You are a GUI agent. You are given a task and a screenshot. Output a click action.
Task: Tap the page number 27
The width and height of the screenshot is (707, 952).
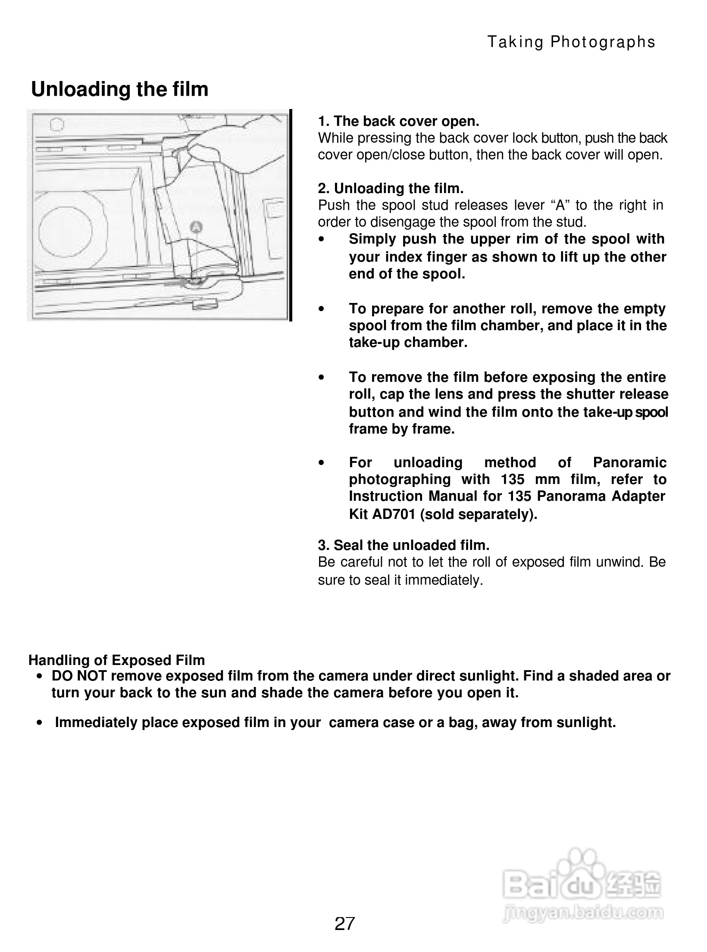tap(344, 924)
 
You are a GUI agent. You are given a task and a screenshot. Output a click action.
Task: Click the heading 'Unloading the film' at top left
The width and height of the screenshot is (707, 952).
tap(119, 89)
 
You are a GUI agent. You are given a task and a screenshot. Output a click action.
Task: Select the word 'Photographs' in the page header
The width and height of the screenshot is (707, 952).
tap(603, 42)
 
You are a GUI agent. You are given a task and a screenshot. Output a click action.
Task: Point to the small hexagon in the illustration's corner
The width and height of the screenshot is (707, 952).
tap(57, 125)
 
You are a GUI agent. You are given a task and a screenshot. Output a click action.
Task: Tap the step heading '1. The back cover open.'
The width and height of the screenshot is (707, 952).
tap(398, 121)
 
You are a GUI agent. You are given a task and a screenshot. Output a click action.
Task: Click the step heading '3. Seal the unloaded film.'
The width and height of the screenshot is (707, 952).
tap(404, 545)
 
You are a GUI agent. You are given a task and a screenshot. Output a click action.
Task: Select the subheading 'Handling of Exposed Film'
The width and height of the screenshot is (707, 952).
tap(116, 660)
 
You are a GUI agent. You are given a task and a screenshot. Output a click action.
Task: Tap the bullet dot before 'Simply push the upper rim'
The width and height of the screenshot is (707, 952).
tap(321, 239)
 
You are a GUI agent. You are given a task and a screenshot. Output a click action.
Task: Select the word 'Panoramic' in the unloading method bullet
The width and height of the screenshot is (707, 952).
tap(629, 462)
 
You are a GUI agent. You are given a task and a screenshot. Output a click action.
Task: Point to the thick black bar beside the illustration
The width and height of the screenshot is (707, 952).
tap(291, 215)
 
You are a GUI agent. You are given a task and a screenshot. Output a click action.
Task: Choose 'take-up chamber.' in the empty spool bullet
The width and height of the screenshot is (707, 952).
tap(408, 343)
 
